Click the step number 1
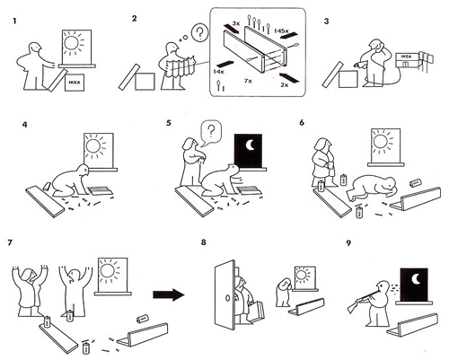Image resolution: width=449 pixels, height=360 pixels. click(x=14, y=22)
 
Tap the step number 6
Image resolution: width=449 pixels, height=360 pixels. click(x=302, y=123)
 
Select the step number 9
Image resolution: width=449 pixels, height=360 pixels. click(x=348, y=243)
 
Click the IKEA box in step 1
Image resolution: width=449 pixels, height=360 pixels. click(x=75, y=82)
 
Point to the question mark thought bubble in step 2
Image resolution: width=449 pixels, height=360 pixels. click(x=199, y=32)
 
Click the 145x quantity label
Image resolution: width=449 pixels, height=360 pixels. click(x=281, y=31)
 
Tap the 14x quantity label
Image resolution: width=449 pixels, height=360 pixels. click(x=218, y=72)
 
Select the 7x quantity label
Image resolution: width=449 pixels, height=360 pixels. click(x=248, y=81)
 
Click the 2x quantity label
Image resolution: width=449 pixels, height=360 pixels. click(x=285, y=85)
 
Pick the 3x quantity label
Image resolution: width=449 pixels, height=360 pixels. click(x=236, y=23)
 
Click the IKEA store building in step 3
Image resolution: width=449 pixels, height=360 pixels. click(x=406, y=61)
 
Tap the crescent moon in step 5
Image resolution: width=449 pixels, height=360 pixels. click(x=250, y=145)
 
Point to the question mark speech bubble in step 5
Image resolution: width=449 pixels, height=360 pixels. click(x=211, y=132)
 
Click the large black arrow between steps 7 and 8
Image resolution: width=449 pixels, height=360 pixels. click(x=169, y=294)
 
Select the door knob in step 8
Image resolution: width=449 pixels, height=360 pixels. click(x=226, y=299)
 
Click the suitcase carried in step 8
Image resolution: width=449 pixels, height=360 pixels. click(x=257, y=312)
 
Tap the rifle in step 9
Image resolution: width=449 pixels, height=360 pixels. click(x=363, y=299)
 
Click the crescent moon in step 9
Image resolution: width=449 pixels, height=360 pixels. click(x=416, y=279)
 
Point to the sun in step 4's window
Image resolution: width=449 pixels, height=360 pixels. click(x=93, y=145)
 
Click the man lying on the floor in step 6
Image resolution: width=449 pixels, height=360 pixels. click(x=372, y=189)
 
